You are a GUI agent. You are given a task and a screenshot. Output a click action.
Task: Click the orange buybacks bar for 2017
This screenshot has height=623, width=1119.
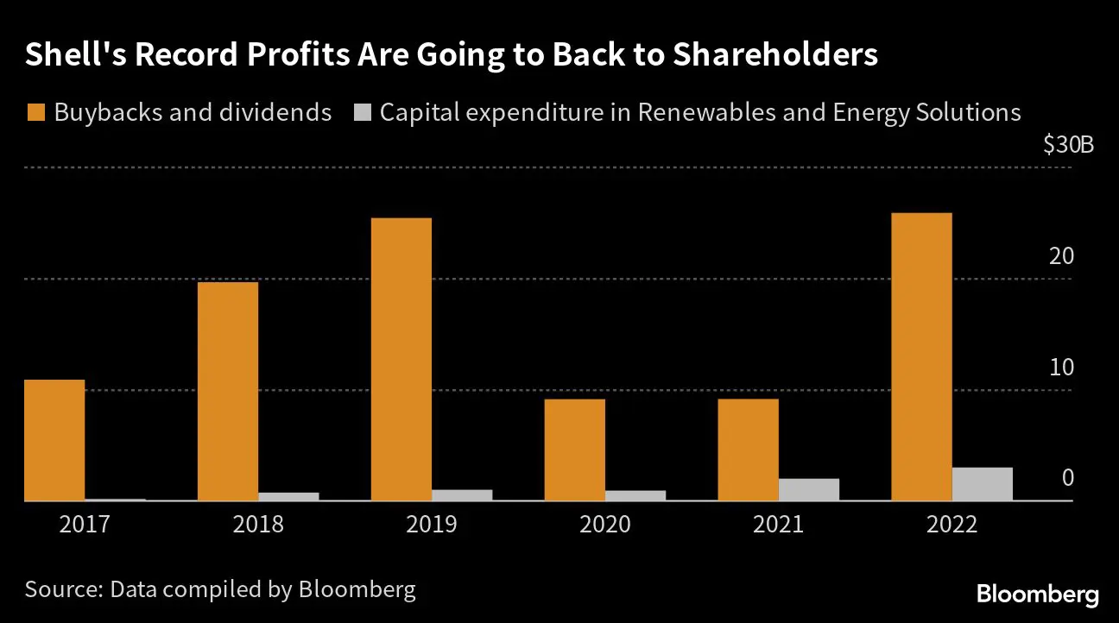(54, 440)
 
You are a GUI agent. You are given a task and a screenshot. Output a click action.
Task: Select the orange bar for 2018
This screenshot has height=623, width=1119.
(228, 391)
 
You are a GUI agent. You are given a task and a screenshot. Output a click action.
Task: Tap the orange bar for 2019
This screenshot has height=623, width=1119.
(401, 359)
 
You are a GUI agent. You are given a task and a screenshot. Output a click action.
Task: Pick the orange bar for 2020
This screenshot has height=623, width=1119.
(575, 450)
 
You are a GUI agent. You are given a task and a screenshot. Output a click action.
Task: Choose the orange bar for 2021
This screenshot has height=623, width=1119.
(748, 450)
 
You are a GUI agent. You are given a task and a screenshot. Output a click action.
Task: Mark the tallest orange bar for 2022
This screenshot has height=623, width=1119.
(921, 356)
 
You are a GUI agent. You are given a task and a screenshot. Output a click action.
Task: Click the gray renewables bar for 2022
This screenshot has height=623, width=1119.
(982, 484)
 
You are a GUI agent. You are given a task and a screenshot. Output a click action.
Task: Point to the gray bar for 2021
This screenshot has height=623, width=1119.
(808, 489)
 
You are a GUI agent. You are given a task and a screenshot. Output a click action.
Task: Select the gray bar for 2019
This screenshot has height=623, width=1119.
(462, 495)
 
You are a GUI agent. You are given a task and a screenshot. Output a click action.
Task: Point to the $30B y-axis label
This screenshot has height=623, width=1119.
(1068, 145)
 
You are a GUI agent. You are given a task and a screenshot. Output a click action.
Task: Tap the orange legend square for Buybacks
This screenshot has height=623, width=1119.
(35, 113)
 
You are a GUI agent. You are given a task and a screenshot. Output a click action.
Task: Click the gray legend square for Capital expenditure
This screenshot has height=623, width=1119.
(363, 113)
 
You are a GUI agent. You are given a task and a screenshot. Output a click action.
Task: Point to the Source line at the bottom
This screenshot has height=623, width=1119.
(220, 590)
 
